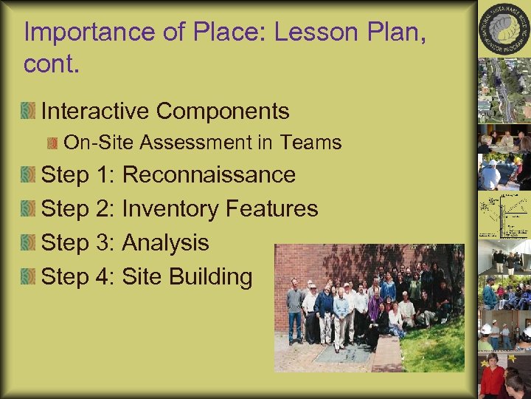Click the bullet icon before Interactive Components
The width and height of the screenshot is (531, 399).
pos(28,112)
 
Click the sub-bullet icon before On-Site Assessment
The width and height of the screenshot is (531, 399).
pos(53,143)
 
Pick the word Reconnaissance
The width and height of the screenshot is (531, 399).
pos(209,175)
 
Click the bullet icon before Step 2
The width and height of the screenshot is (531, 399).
pos(28,209)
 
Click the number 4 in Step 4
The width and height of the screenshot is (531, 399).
pos(104,276)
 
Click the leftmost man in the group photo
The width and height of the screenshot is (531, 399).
pos(294,310)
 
